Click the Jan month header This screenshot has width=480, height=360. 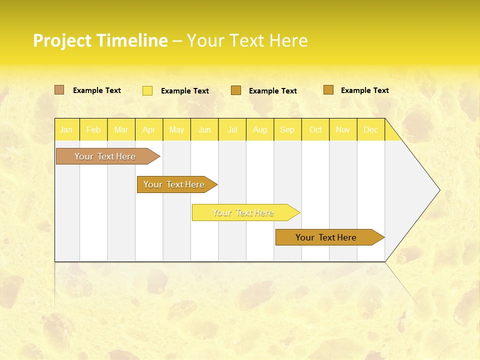(66, 129)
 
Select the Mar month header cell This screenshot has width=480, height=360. (121, 129)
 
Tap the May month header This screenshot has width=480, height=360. (176, 129)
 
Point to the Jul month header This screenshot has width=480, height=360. (232, 129)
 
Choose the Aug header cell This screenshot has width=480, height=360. (259, 129)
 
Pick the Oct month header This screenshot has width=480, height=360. (315, 129)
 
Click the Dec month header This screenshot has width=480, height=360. (370, 129)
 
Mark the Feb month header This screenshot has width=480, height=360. (93, 129)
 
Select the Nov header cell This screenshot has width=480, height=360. (343, 129)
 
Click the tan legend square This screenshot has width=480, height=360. (59, 90)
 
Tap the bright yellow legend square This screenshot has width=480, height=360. (147, 90)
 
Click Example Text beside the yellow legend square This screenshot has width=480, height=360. (184, 91)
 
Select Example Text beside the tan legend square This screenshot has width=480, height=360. (96, 90)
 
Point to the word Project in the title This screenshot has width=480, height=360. (62, 40)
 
